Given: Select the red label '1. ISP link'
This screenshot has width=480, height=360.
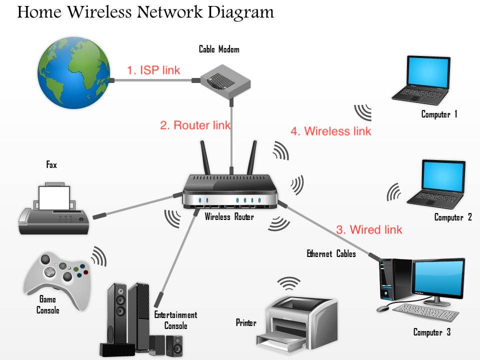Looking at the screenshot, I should click(x=153, y=70).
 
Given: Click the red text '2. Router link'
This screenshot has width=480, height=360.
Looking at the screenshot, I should click(x=195, y=125).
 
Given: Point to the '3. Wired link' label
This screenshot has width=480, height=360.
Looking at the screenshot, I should click(x=369, y=230).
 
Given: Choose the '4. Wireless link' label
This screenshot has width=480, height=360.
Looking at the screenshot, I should click(x=331, y=131).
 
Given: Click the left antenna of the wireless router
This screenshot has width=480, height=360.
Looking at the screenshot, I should click(x=205, y=157).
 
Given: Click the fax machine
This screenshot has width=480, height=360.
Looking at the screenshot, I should click(x=54, y=208).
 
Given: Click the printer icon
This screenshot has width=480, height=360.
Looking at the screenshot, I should click(x=297, y=320).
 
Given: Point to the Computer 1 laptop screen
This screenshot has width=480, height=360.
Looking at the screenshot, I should click(x=428, y=72).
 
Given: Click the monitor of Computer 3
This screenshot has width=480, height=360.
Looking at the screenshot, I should click(x=438, y=278).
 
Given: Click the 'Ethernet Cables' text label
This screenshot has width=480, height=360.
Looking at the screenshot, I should click(x=331, y=254).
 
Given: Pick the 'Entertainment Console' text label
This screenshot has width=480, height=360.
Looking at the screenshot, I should click(x=175, y=320).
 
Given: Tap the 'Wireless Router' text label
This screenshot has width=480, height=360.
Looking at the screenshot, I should click(x=229, y=217).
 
